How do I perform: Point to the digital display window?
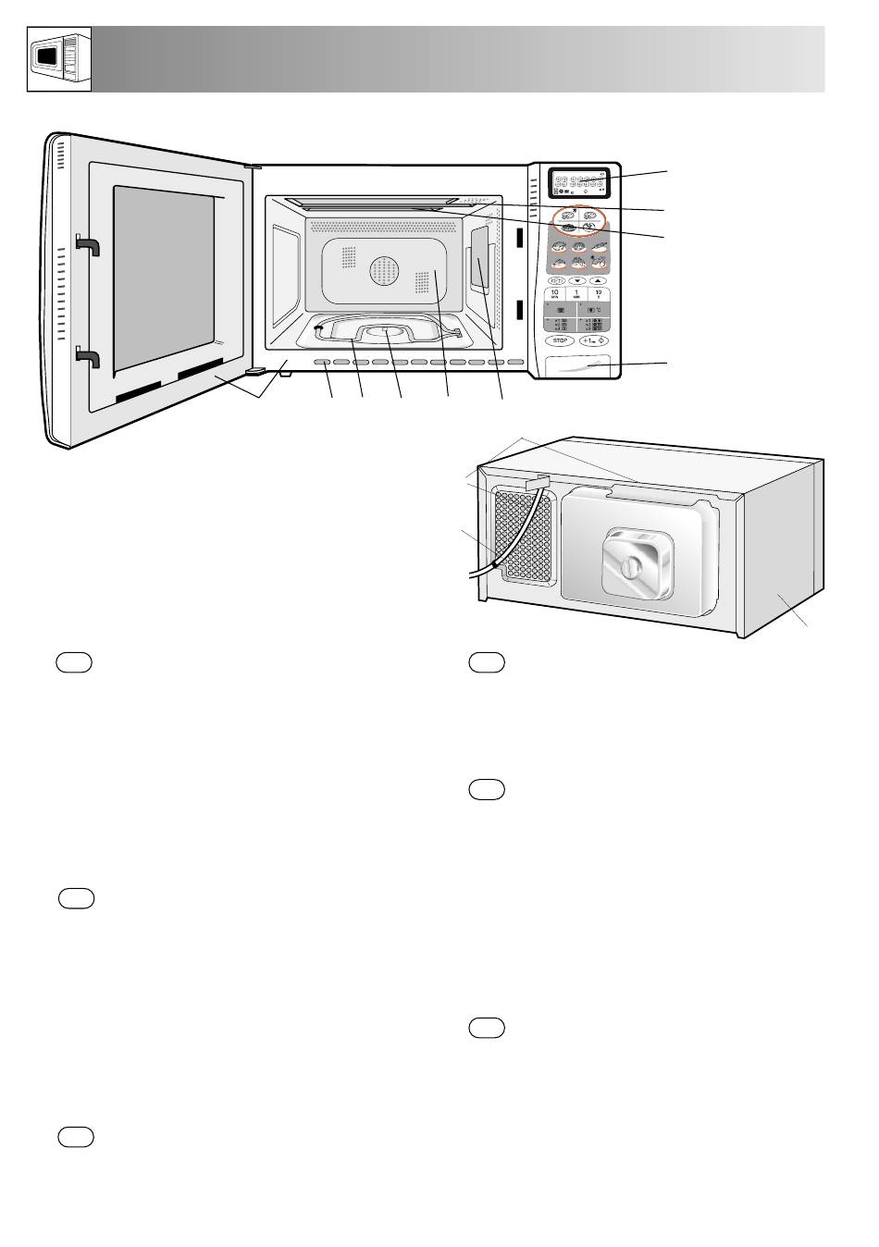pos(577,182)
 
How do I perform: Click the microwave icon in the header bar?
pos(57,59)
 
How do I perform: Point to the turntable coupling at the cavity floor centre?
pos(384,330)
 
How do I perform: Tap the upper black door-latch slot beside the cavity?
pos(519,238)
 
